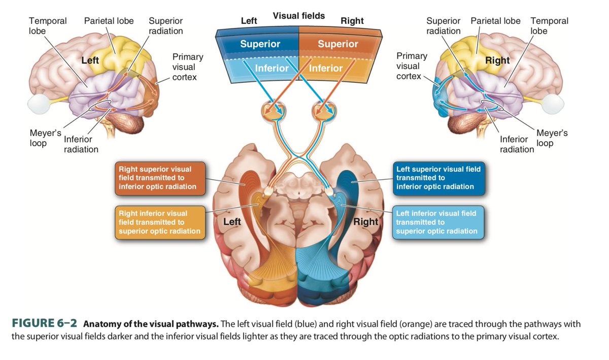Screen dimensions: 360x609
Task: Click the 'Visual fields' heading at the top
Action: click(298, 16)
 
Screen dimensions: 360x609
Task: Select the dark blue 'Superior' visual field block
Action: click(260, 44)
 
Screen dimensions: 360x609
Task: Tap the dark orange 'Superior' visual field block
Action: click(338, 44)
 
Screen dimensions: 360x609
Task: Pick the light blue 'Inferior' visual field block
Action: click(272, 68)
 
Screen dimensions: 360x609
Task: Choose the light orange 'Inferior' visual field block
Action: click(326, 68)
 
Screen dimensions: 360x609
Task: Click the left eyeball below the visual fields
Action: click(272, 111)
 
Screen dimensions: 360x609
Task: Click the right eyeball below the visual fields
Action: click(325, 111)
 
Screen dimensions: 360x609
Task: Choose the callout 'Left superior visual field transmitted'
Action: click(439, 178)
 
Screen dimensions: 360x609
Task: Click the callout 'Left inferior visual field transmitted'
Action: click(438, 222)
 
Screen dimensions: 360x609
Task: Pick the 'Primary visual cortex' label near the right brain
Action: click(412, 66)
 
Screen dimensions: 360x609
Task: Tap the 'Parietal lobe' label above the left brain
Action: click(109, 21)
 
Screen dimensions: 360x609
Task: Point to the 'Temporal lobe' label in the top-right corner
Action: click(549, 26)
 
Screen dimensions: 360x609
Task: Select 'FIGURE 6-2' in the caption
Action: click(44, 323)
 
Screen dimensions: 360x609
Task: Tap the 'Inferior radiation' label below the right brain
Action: click(517, 144)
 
